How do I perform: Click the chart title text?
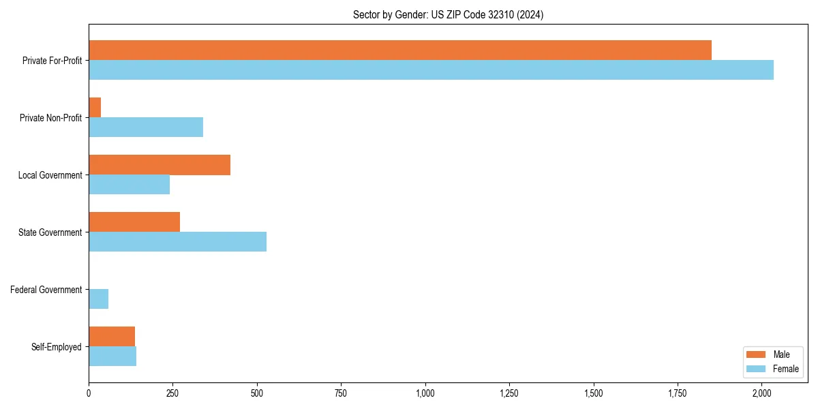[448, 14]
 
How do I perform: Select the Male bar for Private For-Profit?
[400, 50]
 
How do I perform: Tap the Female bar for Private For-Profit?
[431, 70]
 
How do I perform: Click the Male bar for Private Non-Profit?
[95, 107]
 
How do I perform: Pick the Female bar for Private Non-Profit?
[146, 127]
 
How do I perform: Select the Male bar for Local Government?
[160, 164]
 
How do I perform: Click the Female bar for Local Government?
[129, 184]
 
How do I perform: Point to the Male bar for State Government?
[134, 222]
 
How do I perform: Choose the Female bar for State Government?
[177, 241]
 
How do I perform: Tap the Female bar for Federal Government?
[98, 299]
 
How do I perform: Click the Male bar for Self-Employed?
[112, 336]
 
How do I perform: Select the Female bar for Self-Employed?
[112, 356]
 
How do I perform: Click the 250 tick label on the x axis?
[172, 393]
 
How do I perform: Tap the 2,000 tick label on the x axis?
[762, 393]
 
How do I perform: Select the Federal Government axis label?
[46, 290]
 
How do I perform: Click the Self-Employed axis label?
[57, 347]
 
